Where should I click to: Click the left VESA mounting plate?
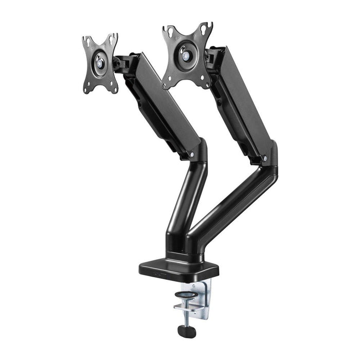100,64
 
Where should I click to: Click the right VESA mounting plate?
186,54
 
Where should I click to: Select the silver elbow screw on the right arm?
264,159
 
